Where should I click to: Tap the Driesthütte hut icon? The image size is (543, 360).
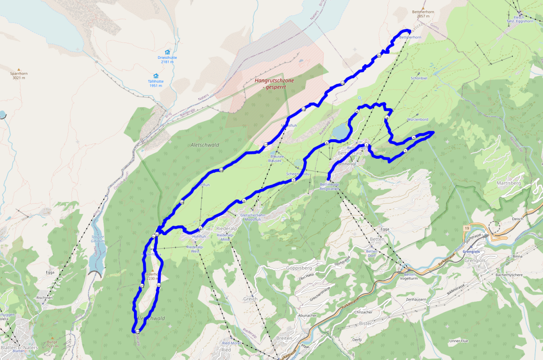click(x=167, y=52)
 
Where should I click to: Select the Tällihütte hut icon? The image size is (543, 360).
click(x=156, y=76)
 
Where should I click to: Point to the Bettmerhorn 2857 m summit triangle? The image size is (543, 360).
click(x=423, y=9)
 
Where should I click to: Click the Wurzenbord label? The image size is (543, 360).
click(x=417, y=119)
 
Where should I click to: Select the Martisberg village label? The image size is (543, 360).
click(x=509, y=183)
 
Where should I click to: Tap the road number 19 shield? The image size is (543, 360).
click(x=466, y=230)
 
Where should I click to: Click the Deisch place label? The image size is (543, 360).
click(x=517, y=219)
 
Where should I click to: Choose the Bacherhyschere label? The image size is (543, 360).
click(x=510, y=275)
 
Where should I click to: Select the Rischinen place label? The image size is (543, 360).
click(x=45, y=298)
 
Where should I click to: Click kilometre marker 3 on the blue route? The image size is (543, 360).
click(x=414, y=138)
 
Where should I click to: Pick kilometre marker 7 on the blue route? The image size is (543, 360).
click(x=293, y=180)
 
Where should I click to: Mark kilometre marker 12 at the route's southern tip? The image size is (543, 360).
click(x=137, y=332)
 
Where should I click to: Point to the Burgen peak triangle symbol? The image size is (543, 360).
click(x=52, y=337)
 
